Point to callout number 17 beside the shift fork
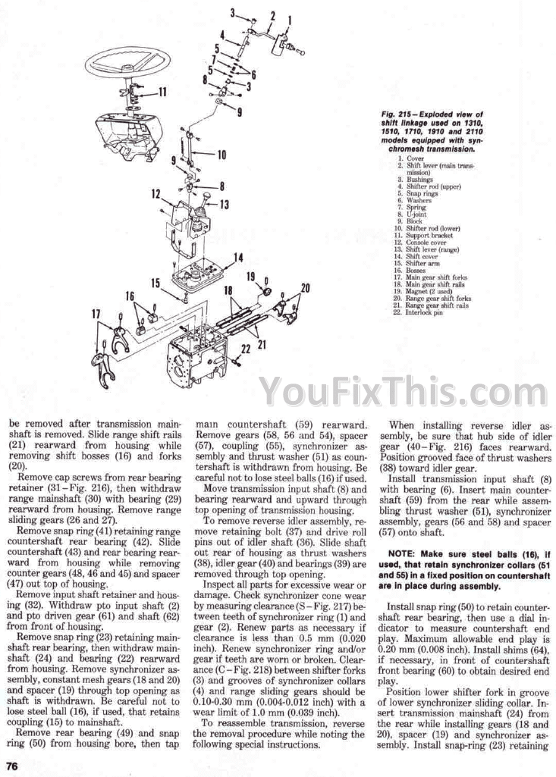click(96, 314)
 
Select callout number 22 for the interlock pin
click(244, 348)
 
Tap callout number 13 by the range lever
click(224, 204)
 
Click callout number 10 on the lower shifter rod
click(221, 155)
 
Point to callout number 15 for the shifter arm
click(156, 284)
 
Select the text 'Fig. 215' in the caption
click(396, 114)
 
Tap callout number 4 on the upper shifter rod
click(222, 35)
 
